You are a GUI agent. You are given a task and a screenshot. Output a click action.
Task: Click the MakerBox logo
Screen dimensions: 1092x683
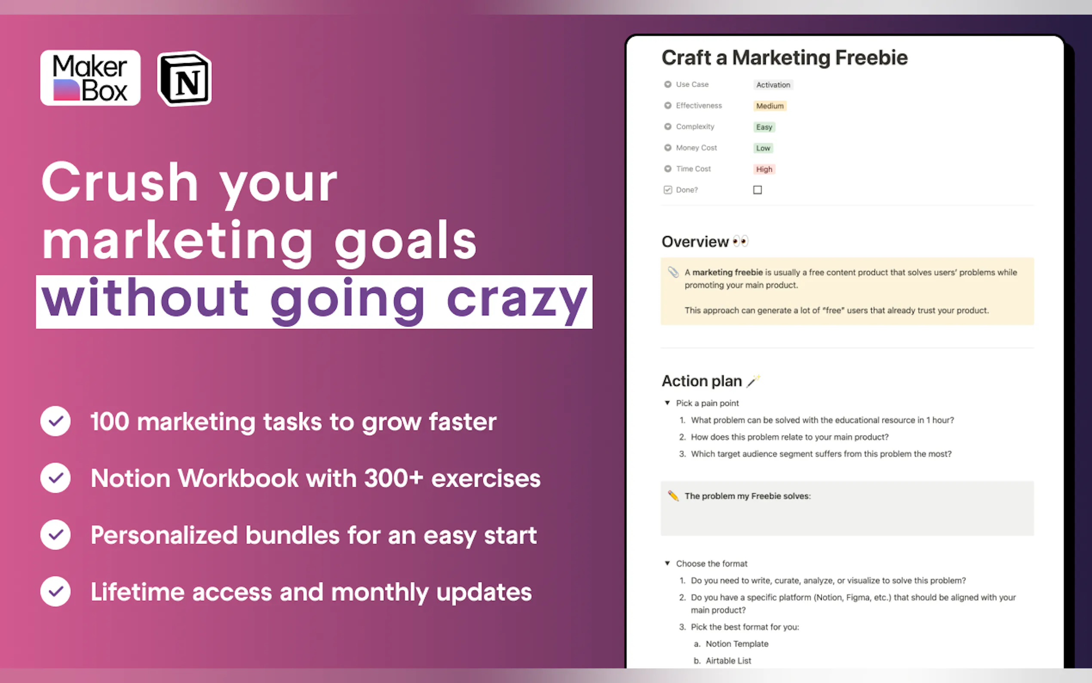(x=90, y=78)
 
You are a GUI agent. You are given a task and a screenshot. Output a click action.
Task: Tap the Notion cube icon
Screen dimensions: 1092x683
(x=184, y=79)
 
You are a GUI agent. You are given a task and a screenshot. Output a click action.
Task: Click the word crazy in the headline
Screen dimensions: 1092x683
(x=516, y=300)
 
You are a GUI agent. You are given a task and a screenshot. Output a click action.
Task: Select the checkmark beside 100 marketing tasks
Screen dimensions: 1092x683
(x=55, y=421)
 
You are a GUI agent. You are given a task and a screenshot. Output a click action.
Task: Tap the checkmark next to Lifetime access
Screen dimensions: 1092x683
(x=55, y=591)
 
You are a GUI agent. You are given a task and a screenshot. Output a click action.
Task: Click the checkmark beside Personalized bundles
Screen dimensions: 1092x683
(x=55, y=535)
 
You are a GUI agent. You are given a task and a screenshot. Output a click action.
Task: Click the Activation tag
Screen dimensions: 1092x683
(x=773, y=85)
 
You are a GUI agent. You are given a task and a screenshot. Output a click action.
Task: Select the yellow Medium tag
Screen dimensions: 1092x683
(x=770, y=106)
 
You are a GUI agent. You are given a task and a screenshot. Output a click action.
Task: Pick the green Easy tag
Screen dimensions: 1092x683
(x=764, y=127)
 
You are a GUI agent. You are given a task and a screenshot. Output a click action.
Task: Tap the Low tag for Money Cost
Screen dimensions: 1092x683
(x=764, y=148)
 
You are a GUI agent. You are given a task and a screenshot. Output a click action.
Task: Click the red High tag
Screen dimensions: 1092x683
(x=764, y=169)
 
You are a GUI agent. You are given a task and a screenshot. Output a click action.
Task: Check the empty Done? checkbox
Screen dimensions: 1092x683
(x=758, y=190)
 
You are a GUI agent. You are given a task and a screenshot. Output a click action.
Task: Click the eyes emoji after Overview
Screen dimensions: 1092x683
(x=740, y=241)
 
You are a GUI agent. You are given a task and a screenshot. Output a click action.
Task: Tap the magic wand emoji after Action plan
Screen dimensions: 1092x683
(x=753, y=381)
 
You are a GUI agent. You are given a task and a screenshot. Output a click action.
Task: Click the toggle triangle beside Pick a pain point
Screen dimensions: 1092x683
(x=667, y=403)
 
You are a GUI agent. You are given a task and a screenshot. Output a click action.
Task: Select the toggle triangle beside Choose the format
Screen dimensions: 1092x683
(x=667, y=563)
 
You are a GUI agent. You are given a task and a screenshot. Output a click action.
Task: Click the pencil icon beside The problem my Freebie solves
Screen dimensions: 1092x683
(x=673, y=495)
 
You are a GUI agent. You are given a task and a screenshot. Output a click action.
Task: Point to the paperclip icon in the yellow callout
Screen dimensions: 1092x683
(x=673, y=272)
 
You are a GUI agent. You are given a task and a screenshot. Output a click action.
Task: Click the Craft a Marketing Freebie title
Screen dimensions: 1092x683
(x=785, y=58)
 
